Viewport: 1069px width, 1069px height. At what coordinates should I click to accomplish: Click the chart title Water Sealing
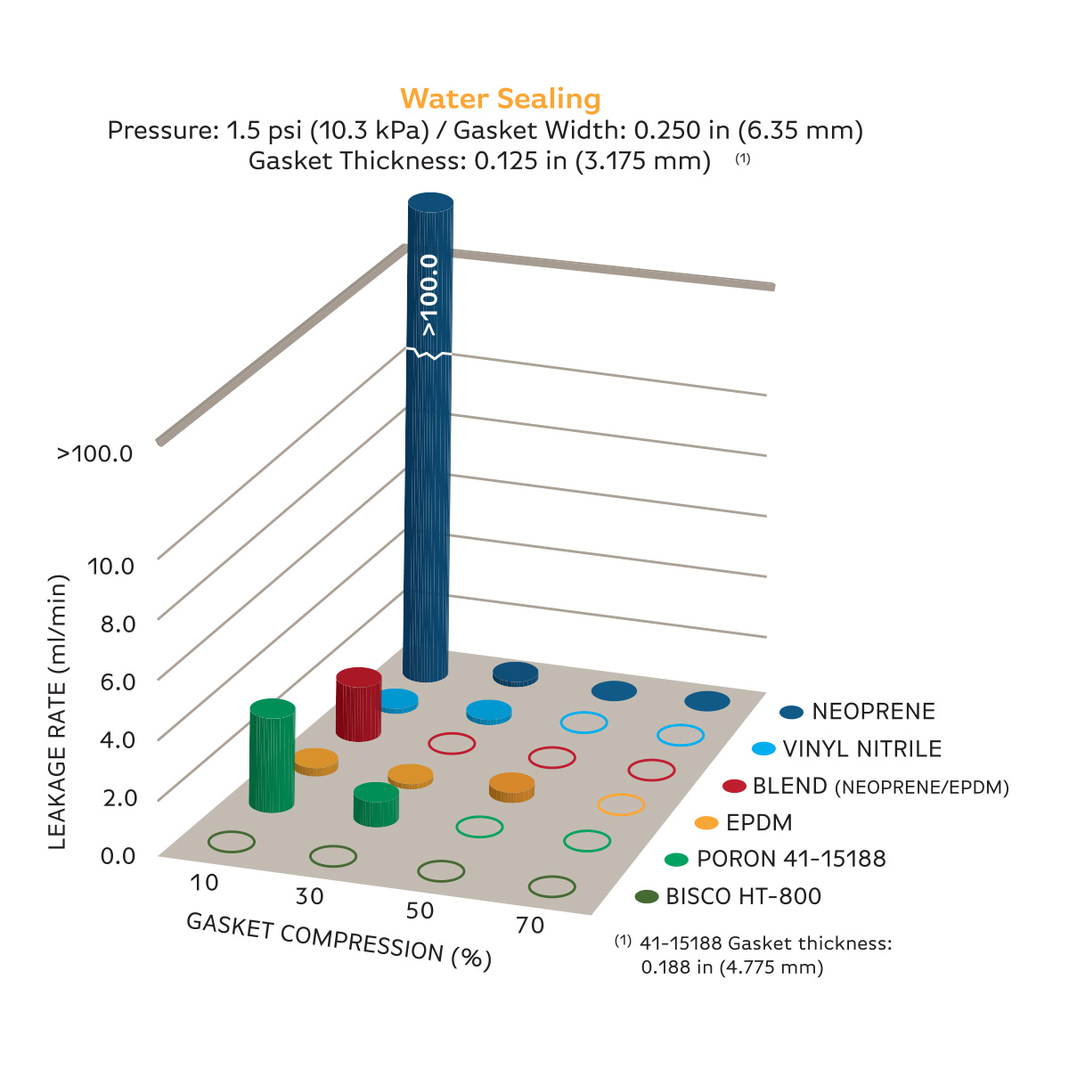(x=500, y=98)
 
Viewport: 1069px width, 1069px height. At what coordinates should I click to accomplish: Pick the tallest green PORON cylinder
(x=272, y=757)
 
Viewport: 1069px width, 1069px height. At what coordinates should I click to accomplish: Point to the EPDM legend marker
(x=706, y=822)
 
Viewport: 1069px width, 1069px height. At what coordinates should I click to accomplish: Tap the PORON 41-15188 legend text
(x=791, y=859)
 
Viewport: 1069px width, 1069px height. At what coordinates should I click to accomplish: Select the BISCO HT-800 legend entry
(x=743, y=896)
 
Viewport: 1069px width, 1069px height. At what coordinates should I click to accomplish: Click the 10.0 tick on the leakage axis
(x=110, y=566)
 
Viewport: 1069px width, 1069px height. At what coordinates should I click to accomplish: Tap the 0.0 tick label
(x=118, y=856)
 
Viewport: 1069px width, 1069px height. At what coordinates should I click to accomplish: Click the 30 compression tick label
(x=309, y=896)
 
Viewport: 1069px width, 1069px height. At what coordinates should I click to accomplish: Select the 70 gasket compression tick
(x=529, y=926)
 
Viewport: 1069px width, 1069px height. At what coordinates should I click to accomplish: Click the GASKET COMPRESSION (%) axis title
(x=339, y=941)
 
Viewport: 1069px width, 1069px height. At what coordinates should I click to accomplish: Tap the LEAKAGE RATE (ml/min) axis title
(x=58, y=713)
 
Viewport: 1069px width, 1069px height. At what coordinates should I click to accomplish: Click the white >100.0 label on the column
(x=429, y=295)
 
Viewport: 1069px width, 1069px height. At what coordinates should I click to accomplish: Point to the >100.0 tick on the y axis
(x=95, y=453)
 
